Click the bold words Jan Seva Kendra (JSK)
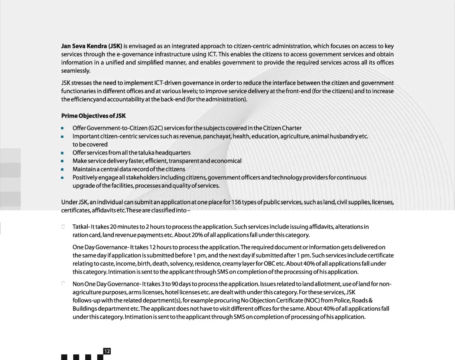click(92, 46)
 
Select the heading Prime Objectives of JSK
click(93, 116)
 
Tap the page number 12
click(107, 351)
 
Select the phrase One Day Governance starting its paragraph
click(100, 247)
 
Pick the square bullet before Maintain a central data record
click(62, 170)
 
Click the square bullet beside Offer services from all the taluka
click(62, 153)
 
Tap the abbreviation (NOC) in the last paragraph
click(312, 301)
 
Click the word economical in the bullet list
click(226, 161)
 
